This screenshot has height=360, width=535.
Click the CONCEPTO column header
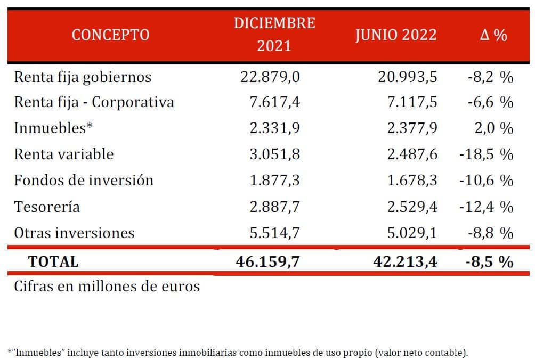pyautogui.click(x=110, y=35)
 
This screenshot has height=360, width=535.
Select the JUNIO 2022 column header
pyautogui.click(x=396, y=35)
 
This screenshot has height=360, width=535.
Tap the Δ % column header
pyautogui.click(x=493, y=35)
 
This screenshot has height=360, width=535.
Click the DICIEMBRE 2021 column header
pyautogui.click(x=274, y=35)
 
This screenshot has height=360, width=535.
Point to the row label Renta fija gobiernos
pyautogui.click(x=83, y=77)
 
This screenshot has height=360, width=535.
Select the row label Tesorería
pyautogui.click(x=47, y=207)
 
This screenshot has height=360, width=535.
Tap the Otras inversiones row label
pyautogui.click(x=74, y=233)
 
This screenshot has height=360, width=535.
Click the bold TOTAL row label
pyautogui.click(x=53, y=261)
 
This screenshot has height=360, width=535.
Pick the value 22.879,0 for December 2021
pyautogui.click(x=270, y=77)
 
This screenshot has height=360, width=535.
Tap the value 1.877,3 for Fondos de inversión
pyautogui.click(x=274, y=181)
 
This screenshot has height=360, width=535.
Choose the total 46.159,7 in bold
pyautogui.click(x=268, y=261)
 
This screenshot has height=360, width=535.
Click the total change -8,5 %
pyautogui.click(x=488, y=261)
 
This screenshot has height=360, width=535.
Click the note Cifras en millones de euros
pyautogui.click(x=107, y=286)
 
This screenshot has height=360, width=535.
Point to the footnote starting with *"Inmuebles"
pyautogui.click(x=238, y=352)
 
